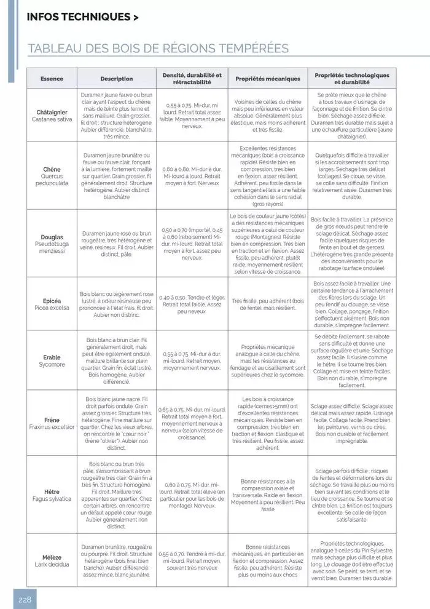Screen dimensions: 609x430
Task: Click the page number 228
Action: click(25, 599)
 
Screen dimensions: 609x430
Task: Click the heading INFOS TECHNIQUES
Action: click(82, 17)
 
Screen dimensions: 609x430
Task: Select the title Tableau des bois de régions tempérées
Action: click(158, 49)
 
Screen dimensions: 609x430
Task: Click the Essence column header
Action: click(52, 79)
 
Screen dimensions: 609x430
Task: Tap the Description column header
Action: click(116, 79)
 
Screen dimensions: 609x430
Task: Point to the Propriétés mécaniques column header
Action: click(268, 79)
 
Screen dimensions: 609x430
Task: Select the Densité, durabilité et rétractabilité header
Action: click(192, 78)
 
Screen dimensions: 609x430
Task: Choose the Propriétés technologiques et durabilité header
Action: click(351, 78)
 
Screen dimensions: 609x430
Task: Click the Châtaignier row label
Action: click(52, 116)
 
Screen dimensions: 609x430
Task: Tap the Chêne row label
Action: click(52, 175)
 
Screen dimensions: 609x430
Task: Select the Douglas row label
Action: click(52, 244)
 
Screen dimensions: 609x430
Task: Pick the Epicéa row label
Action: click(52, 304)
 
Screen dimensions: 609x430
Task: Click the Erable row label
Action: click(52, 360)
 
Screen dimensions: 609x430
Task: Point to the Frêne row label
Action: click(52, 423)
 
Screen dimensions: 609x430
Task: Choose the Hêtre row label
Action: click(52, 495)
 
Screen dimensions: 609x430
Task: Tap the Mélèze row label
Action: click(52, 560)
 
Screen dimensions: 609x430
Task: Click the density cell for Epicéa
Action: click(192, 304)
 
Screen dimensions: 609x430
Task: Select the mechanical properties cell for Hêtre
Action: click(268, 495)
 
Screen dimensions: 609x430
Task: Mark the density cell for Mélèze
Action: click(192, 560)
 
